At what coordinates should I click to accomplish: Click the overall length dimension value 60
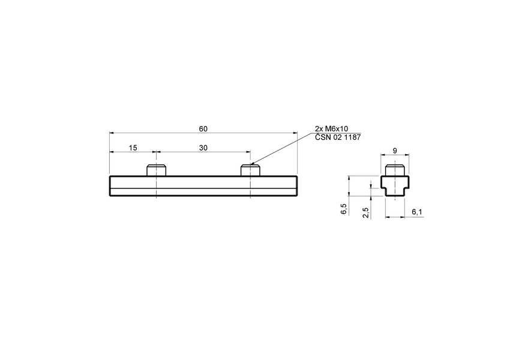click(203, 129)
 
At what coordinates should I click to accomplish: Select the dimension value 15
click(132, 148)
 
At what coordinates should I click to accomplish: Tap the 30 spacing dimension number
click(203, 148)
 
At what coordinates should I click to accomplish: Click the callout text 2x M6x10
click(331, 129)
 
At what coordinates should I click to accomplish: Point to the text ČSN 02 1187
click(338, 137)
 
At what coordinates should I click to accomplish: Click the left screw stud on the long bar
click(156, 170)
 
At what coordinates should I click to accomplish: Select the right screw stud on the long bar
click(250, 170)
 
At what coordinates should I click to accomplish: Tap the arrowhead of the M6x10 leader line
click(252, 163)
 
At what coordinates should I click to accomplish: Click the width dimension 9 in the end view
click(395, 151)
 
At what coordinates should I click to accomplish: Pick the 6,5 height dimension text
click(343, 209)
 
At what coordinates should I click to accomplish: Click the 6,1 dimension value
click(416, 212)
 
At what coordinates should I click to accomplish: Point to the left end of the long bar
click(110, 186)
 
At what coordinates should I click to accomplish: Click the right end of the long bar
click(296, 186)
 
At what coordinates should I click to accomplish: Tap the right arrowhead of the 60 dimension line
click(295, 133)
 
